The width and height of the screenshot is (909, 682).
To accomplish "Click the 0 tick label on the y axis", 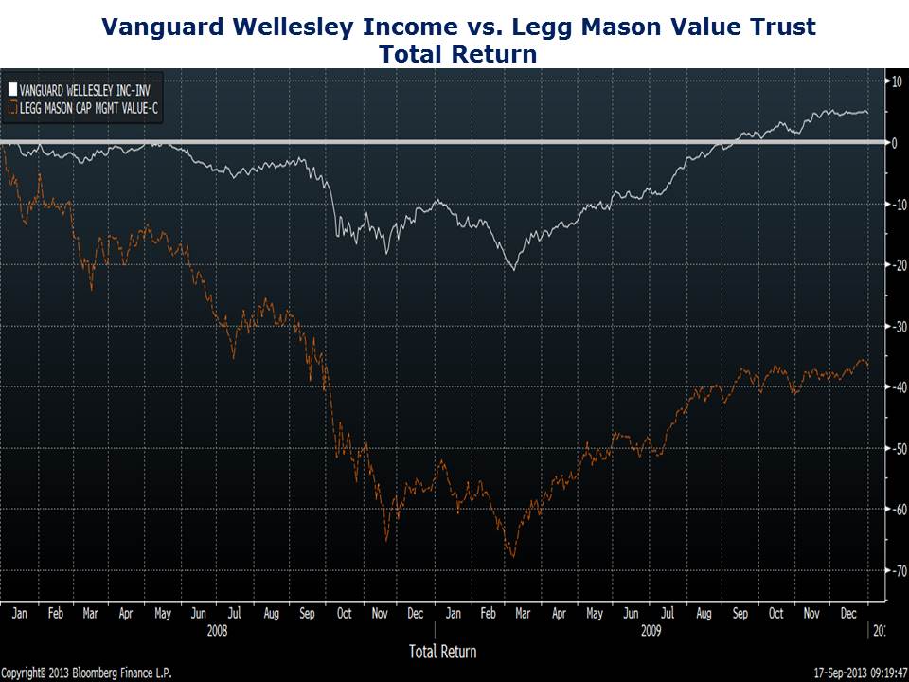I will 894,143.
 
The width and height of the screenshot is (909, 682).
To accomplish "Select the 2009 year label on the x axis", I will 651,628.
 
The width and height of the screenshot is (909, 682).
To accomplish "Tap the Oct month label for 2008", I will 345,613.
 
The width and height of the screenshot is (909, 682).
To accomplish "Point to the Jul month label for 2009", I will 668,613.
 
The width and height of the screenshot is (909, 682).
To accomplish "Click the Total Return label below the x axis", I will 442,651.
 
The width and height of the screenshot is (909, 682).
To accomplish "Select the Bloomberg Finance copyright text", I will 86,673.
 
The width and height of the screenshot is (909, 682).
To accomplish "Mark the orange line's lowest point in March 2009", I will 512,557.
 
